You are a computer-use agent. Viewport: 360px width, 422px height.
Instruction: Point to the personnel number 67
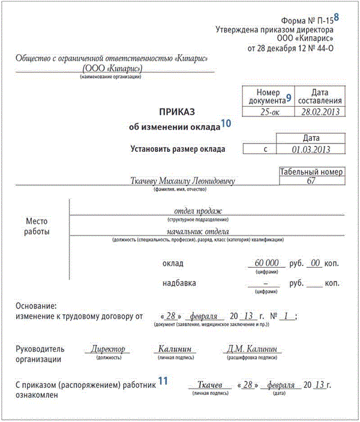pos(311,181)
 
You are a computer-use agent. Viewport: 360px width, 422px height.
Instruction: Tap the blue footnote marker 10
pos(226,124)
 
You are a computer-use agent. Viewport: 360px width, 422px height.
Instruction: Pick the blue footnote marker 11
pos(163,380)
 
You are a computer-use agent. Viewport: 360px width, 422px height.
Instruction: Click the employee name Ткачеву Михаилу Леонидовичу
pos(182,181)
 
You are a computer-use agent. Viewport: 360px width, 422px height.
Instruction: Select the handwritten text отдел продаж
pos(198,211)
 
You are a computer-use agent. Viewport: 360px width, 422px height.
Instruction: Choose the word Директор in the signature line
pos(108,349)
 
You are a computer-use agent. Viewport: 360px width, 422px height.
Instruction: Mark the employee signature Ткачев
pos(210,384)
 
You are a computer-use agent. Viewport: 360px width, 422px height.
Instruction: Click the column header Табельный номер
pos(311,172)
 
